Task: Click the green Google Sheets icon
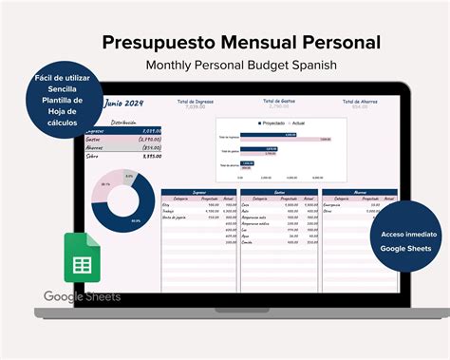(83, 258)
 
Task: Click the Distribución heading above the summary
(124, 123)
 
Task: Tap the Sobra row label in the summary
(92, 156)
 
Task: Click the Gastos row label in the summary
(94, 140)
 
